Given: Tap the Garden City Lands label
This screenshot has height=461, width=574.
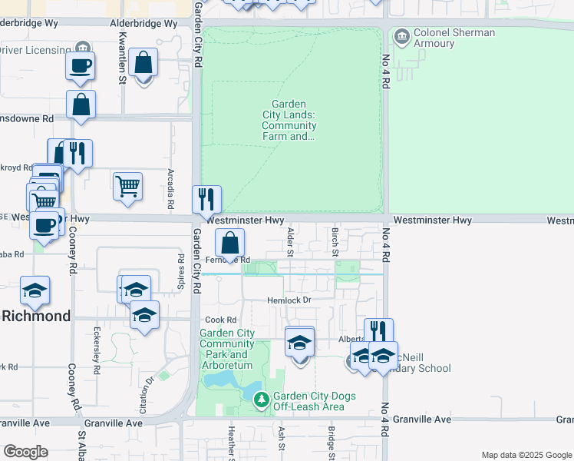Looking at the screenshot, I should click(x=289, y=121).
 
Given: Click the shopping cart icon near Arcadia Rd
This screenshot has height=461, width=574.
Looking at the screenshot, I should click(x=127, y=186).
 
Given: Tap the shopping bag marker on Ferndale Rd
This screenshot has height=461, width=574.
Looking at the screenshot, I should click(x=229, y=244).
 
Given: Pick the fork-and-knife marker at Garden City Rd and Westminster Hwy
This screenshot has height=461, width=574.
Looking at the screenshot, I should click(x=206, y=200).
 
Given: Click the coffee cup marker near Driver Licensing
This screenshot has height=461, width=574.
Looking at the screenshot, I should click(x=81, y=65).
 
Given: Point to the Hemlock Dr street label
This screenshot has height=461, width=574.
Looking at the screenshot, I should click(x=289, y=300).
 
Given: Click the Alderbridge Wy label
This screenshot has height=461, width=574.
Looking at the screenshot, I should click(x=144, y=24).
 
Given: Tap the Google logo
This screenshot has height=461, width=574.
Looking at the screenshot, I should click(x=25, y=451).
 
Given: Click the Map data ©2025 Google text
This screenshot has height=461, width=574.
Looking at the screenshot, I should click(x=526, y=455).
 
